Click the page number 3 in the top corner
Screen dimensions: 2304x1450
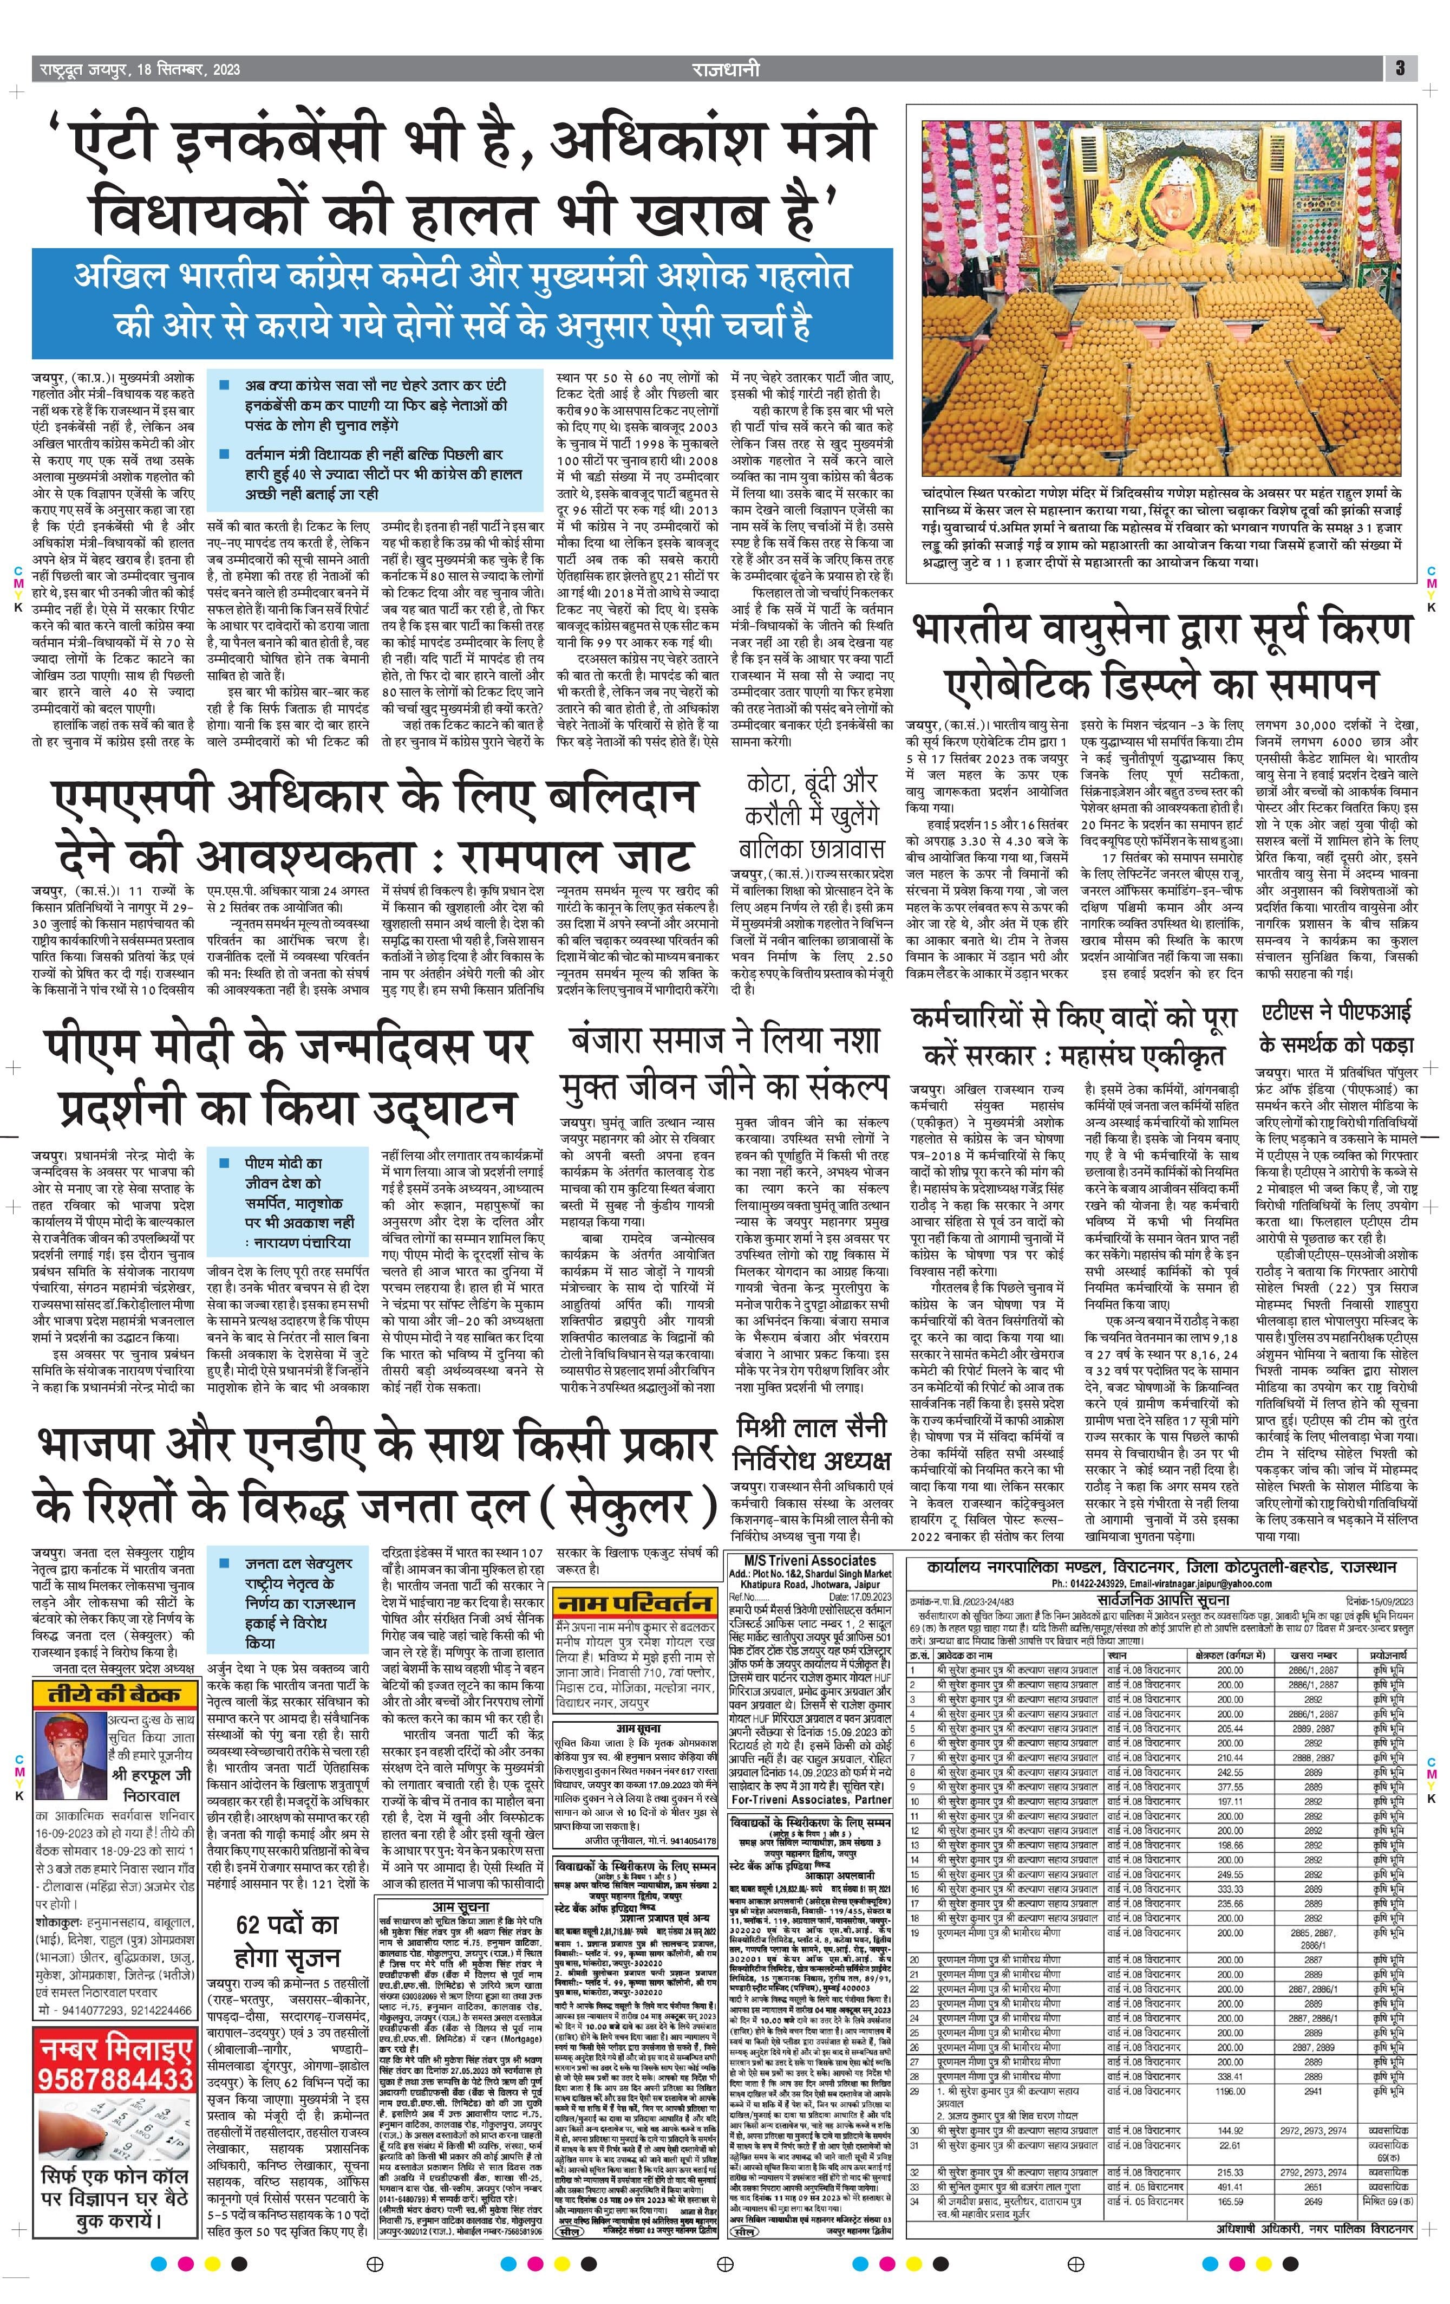click(1399, 68)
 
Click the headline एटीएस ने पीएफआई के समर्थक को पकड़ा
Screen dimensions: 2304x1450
click(1335, 1027)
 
